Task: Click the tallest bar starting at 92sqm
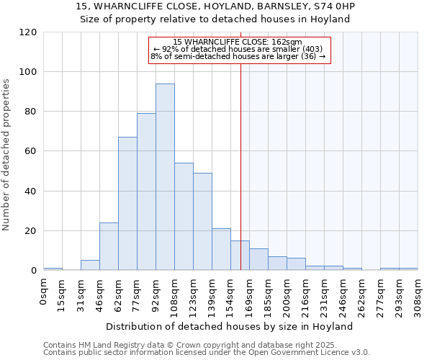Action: (165, 177)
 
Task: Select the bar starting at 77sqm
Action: (146, 192)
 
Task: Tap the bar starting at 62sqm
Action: (127, 204)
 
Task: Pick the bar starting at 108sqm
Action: (184, 217)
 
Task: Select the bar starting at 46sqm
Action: (109, 246)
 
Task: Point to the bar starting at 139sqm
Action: (221, 249)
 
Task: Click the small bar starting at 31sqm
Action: (90, 265)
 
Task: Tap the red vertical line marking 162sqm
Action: (240, 166)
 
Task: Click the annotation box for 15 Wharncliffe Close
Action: (238, 50)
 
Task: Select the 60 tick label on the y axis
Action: (31, 151)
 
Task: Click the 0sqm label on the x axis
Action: (44, 291)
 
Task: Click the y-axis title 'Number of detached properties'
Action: (7, 155)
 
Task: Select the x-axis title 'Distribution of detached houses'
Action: (230, 326)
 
